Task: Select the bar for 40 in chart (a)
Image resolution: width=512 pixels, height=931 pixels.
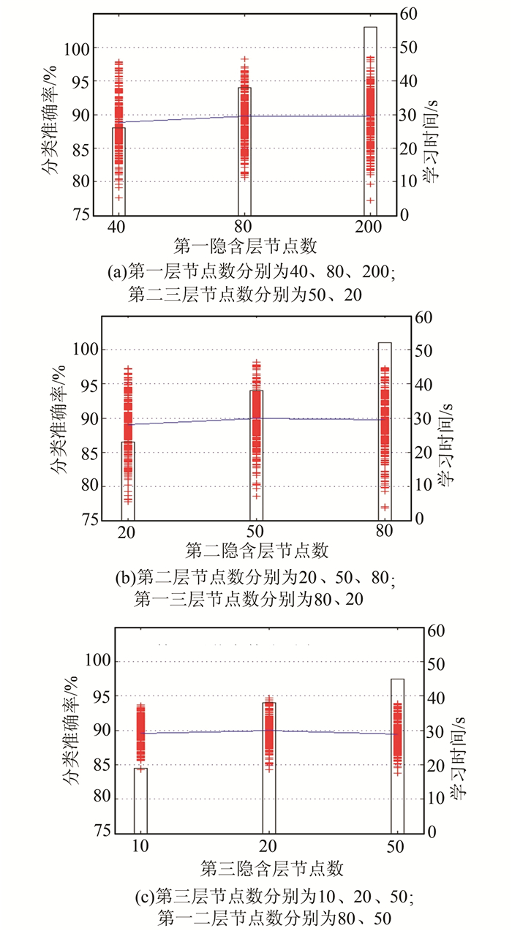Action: click(x=118, y=171)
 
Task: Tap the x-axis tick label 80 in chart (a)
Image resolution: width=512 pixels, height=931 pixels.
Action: click(x=244, y=227)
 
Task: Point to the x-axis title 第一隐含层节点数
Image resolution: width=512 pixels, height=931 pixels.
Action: click(x=245, y=246)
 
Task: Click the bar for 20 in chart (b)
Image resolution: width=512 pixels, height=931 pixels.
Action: click(x=128, y=480)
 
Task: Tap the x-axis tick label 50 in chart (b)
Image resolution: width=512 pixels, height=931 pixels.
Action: click(x=256, y=531)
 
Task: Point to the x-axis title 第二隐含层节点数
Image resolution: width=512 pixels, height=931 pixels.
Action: click(x=257, y=549)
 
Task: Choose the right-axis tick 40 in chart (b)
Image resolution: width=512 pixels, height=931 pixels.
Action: click(x=425, y=384)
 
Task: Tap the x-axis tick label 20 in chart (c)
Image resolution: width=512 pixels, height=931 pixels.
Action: click(x=269, y=848)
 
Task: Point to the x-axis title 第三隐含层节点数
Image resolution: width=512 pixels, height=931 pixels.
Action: click(x=271, y=867)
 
